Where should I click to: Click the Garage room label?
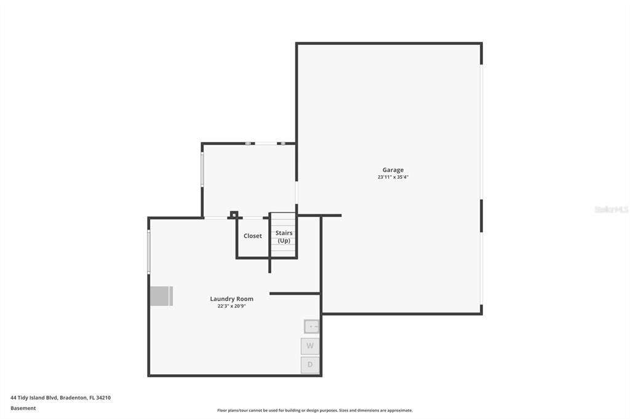coord(393,170)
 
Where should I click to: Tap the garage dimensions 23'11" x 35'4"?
coord(393,177)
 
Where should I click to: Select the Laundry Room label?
coord(231,299)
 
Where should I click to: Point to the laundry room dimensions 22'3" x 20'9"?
coord(231,306)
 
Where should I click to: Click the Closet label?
coord(252,236)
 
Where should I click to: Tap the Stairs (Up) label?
coord(284,237)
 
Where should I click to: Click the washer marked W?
coord(310,346)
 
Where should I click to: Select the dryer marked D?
coord(310,365)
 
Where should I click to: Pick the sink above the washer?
coord(312,327)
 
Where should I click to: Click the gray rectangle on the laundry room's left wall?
coord(161,296)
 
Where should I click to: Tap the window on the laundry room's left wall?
coord(149,252)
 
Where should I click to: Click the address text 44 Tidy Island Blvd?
coord(34,397)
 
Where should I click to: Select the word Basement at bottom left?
coord(23,408)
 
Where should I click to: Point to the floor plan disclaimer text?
coord(314,410)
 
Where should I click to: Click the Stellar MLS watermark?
coord(611,209)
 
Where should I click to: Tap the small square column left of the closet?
coord(234,214)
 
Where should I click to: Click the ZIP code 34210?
coord(103,397)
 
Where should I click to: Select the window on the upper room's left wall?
coord(202,169)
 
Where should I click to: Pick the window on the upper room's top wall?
coord(266,143)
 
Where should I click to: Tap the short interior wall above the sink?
coord(295,294)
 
